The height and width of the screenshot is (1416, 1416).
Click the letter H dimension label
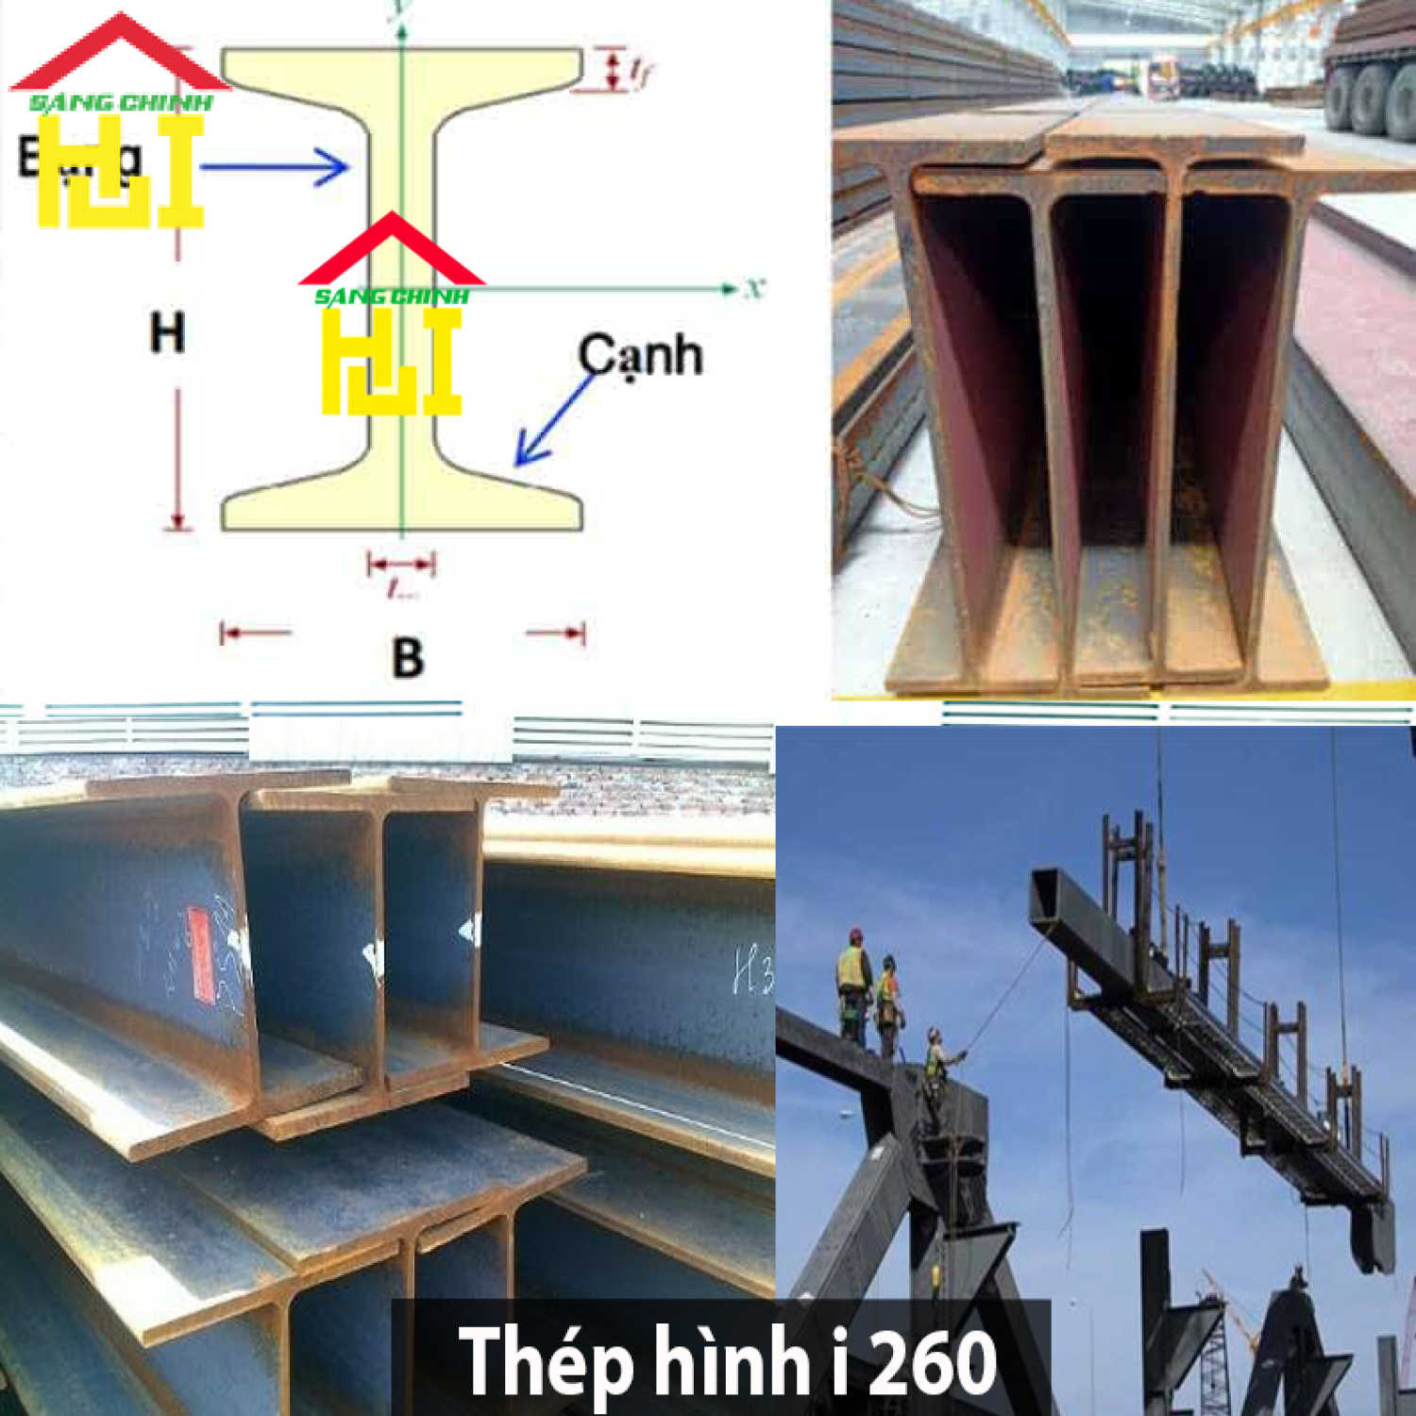point(167,332)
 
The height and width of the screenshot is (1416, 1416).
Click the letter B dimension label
point(407,657)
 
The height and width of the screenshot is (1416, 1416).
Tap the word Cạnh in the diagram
point(640,356)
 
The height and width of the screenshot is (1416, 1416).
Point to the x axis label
point(753,288)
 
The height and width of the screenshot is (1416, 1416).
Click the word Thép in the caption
point(545,1361)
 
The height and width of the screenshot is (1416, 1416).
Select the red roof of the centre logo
point(391,252)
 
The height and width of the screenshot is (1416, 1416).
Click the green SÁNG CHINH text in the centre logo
point(391,296)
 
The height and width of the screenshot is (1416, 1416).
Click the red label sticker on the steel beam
point(201,953)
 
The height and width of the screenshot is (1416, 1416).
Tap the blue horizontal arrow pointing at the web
point(274,168)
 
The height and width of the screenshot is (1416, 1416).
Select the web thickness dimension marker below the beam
point(401,565)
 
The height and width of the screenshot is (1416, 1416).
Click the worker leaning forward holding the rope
point(935,1062)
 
